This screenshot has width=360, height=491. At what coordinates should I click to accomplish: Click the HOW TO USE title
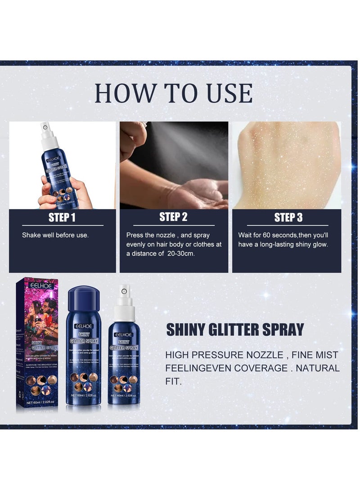click(x=173, y=93)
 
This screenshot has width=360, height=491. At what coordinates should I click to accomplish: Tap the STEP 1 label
click(x=62, y=218)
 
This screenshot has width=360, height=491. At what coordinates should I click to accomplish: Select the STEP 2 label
click(x=173, y=217)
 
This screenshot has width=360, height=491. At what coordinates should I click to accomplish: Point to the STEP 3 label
click(x=288, y=218)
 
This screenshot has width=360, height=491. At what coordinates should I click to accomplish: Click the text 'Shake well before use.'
click(x=55, y=235)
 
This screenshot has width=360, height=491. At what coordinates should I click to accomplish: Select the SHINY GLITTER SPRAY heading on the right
click(x=235, y=329)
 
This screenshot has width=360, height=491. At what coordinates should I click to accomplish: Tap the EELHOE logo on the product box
click(x=41, y=286)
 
